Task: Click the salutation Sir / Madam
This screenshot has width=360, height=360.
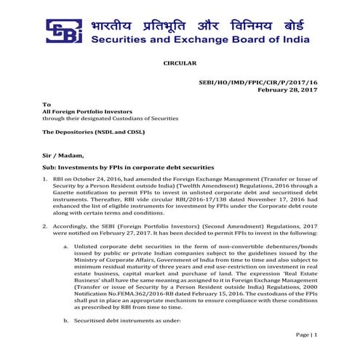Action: (63, 154)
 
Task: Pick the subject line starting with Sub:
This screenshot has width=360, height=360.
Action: (128, 167)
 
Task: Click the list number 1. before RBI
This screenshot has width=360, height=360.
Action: (46, 179)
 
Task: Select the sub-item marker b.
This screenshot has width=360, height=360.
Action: (67, 320)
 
